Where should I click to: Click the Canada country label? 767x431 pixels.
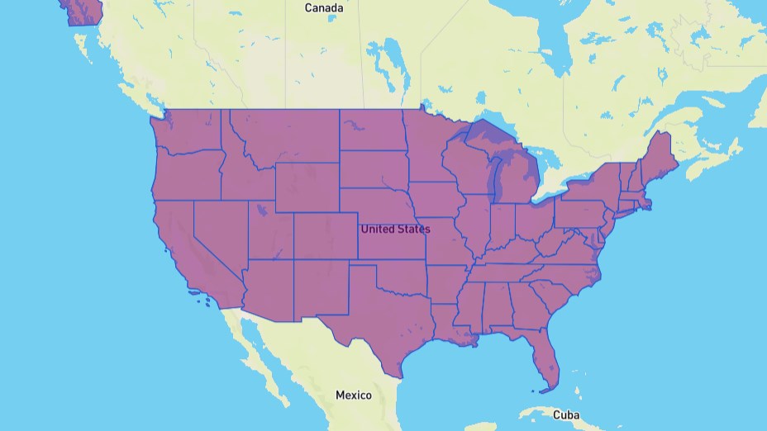323,8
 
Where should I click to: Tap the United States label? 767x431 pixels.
394,229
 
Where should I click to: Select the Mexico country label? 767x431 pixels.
353,395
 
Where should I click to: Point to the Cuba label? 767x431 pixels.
566,414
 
